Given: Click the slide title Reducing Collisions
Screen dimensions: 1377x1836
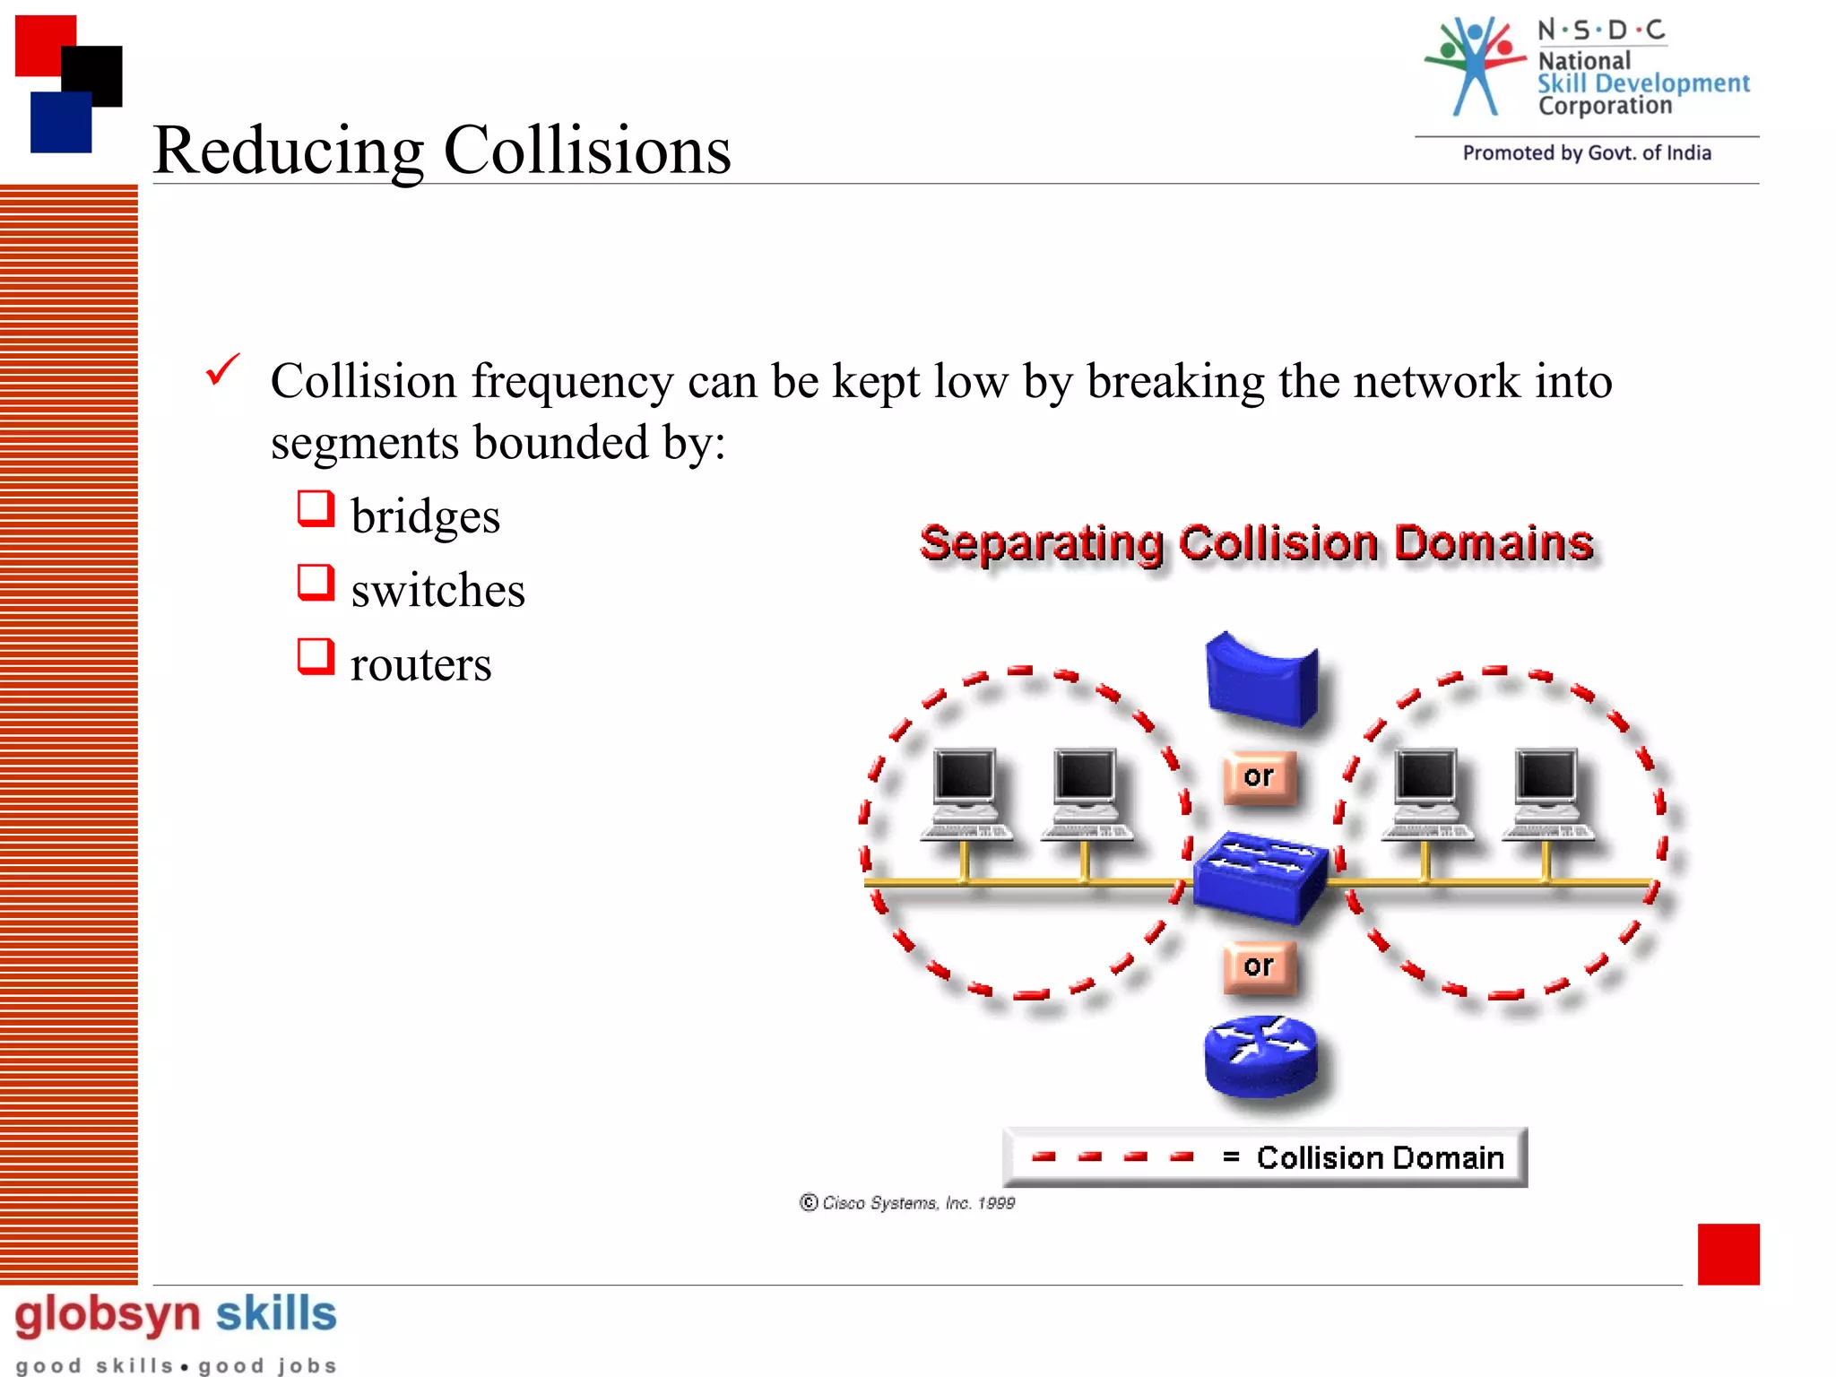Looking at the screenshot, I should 442,150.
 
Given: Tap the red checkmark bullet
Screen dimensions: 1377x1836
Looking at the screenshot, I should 222,369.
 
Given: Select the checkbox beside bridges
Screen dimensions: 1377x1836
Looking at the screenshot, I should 316,508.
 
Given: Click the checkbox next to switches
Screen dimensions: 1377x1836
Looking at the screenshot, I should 316,583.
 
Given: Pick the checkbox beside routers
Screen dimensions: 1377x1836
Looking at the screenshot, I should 316,656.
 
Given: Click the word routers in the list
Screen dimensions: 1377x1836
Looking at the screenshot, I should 420,664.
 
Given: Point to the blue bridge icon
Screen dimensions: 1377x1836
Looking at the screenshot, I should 1261,679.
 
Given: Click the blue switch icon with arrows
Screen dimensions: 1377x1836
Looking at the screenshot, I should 1260,877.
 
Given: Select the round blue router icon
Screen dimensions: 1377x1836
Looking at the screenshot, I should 1260,1056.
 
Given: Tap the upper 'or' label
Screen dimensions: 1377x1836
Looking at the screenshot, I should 1259,776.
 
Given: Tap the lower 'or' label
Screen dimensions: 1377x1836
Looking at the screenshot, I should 1259,966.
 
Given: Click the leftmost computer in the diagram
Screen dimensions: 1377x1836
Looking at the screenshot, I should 966,794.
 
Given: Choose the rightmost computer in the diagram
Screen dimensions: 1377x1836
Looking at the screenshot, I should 1546,794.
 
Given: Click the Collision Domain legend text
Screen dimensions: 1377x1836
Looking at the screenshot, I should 1380,1158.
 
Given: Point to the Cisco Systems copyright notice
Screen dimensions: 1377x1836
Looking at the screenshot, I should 907,1203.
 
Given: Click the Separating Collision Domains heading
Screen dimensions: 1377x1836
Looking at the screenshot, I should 1257,543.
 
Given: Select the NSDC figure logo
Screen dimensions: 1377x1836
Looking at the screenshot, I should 1475,66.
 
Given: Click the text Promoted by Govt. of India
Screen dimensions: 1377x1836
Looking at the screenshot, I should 1587,153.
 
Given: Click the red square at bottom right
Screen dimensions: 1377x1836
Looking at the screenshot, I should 1728,1253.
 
